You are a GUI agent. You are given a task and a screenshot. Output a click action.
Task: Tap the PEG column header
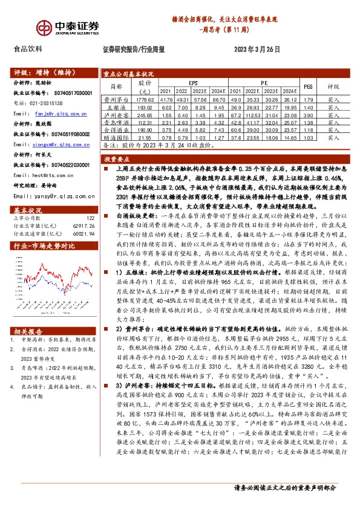pyautogui.click(x=307, y=86)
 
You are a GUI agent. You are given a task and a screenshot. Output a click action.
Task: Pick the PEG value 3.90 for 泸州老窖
pyautogui.click(x=307, y=114)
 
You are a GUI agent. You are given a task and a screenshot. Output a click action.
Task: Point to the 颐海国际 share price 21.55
pyautogui.click(x=146, y=137)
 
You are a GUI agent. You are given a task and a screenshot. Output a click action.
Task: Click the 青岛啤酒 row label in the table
pyautogui.click(x=117, y=122)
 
